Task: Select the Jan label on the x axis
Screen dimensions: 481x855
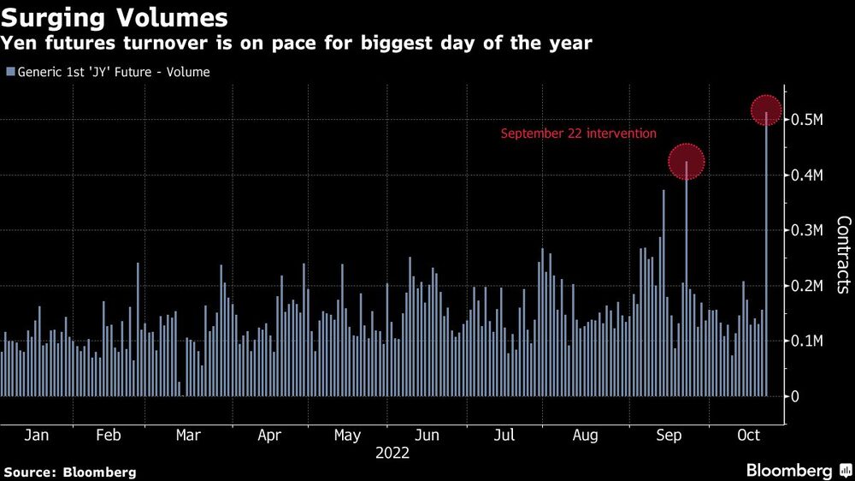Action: pos(36,435)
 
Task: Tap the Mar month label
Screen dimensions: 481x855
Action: pos(188,435)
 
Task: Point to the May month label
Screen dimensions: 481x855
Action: pos(347,435)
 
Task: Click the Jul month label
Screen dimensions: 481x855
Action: pos(504,435)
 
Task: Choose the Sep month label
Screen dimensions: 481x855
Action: pos(668,435)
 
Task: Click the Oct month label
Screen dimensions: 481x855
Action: pos(749,435)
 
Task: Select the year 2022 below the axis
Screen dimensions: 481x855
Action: pos(392,454)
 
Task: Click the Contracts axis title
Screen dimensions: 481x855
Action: pos(843,255)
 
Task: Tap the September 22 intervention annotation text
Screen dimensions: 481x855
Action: pos(578,134)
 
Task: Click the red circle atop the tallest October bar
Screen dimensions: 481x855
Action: pos(767,110)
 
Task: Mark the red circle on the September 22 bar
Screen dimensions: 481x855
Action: pos(686,161)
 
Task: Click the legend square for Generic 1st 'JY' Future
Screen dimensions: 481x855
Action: pos(10,73)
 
